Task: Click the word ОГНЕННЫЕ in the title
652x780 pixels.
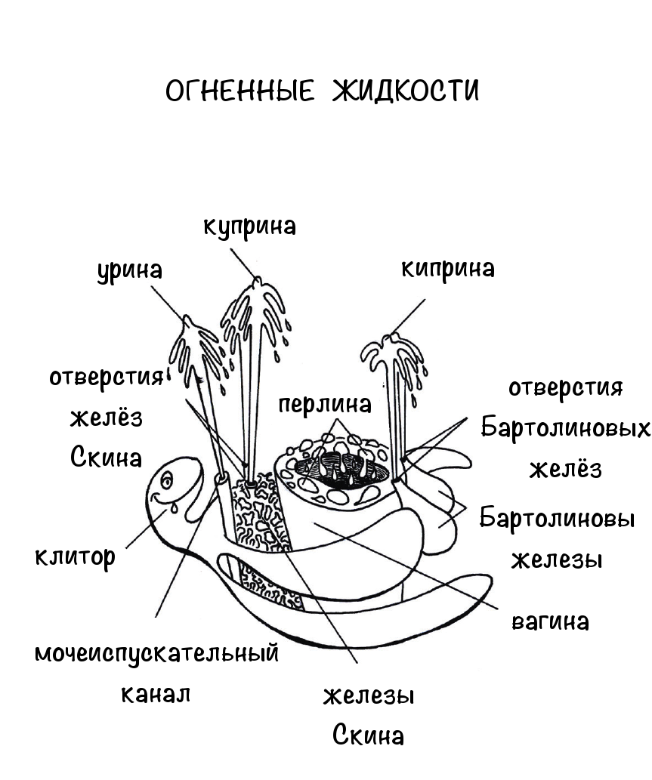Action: point(239,91)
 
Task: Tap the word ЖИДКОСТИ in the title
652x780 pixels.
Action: point(405,91)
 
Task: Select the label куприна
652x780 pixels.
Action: point(250,227)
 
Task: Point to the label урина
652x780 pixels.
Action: point(129,272)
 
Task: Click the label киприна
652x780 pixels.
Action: point(448,270)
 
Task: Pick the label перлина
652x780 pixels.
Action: point(325,405)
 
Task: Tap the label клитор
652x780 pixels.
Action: point(75,557)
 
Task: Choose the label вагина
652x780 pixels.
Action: point(551,622)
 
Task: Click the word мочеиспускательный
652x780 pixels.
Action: point(157,654)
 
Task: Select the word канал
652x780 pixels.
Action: point(156,694)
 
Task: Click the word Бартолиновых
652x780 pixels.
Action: point(565,428)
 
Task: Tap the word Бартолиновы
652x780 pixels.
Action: point(557,518)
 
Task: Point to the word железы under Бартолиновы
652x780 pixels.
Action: point(557,560)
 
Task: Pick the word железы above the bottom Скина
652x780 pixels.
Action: point(369,696)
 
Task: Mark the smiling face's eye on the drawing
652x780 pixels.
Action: point(167,479)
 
